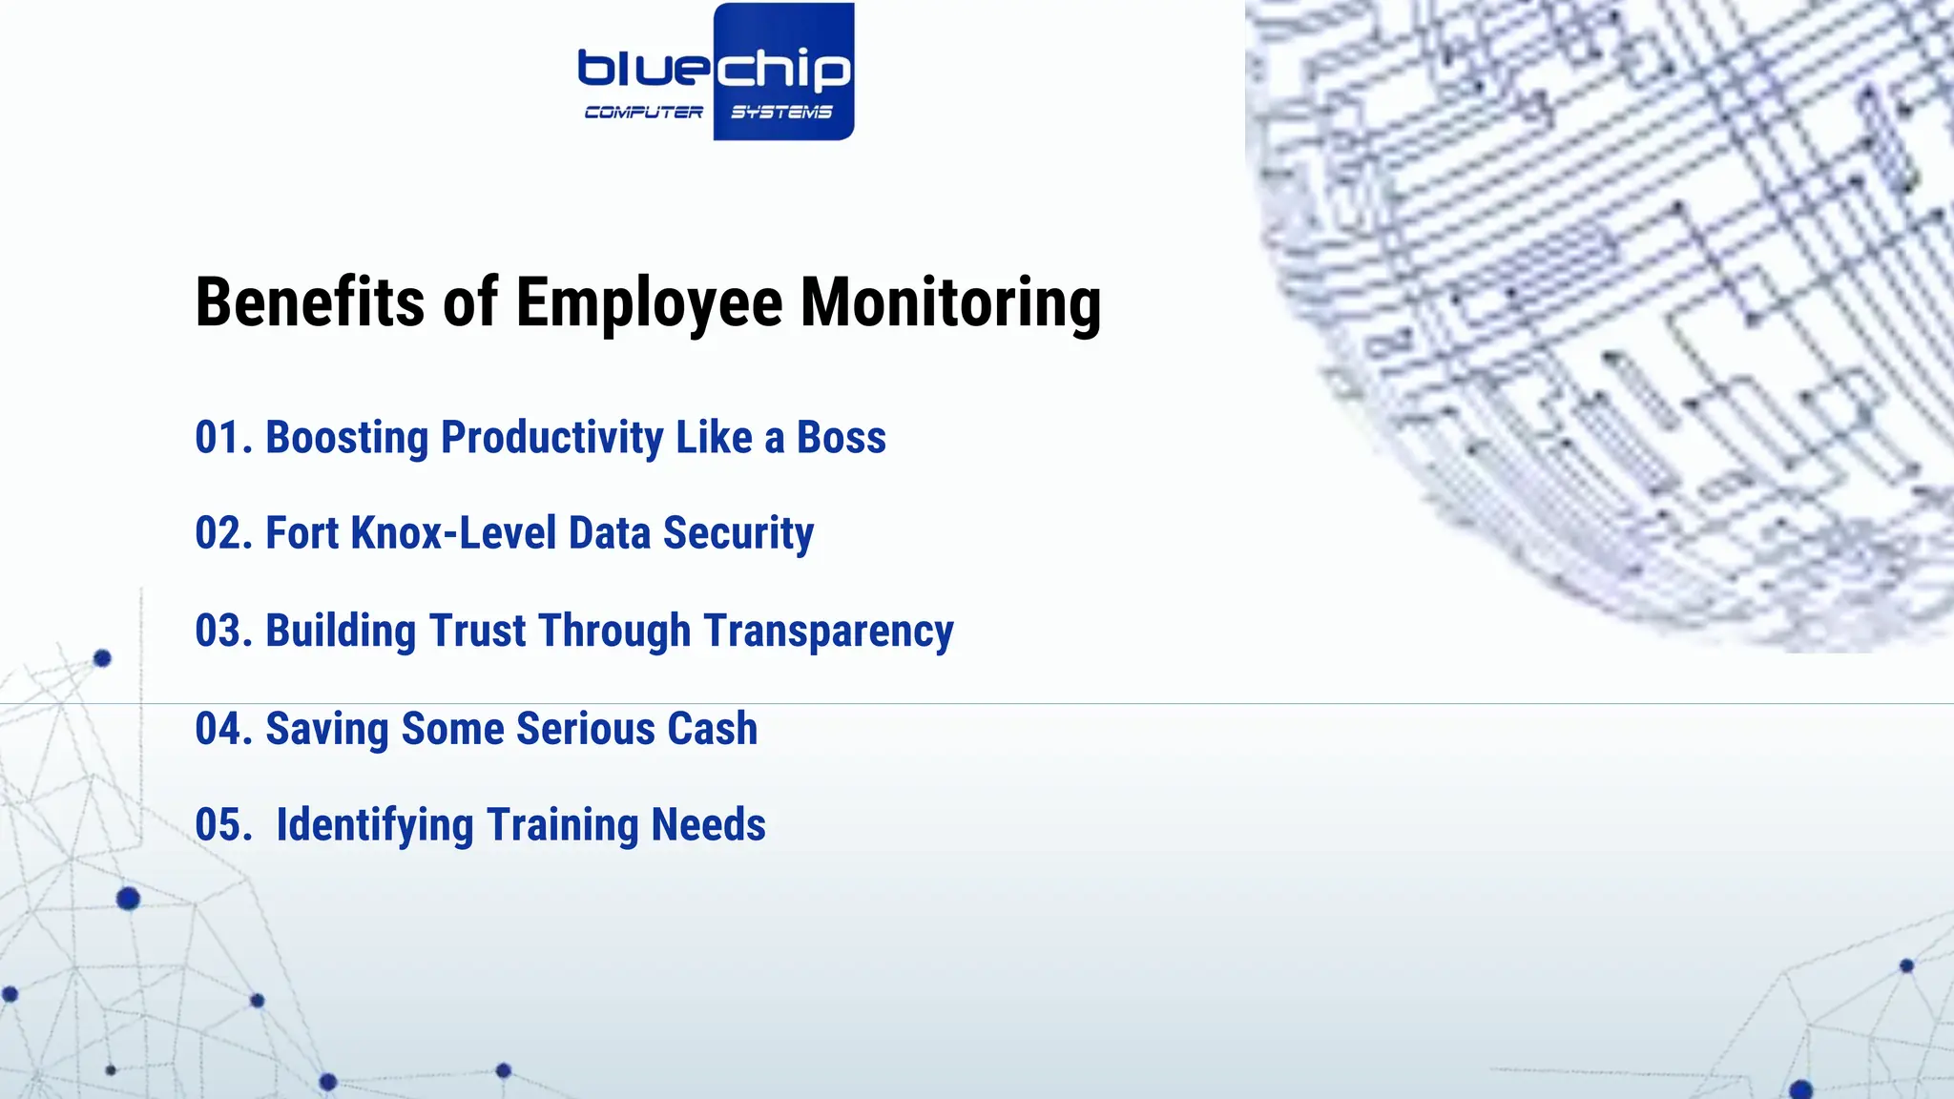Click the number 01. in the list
(223, 438)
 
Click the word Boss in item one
(841, 438)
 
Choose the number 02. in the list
(223, 533)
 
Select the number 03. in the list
(223, 632)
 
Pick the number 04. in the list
(223, 729)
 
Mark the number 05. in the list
(223, 825)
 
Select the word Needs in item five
(708, 825)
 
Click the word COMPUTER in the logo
(644, 113)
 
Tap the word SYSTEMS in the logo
(781, 113)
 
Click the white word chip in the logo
(782, 69)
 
